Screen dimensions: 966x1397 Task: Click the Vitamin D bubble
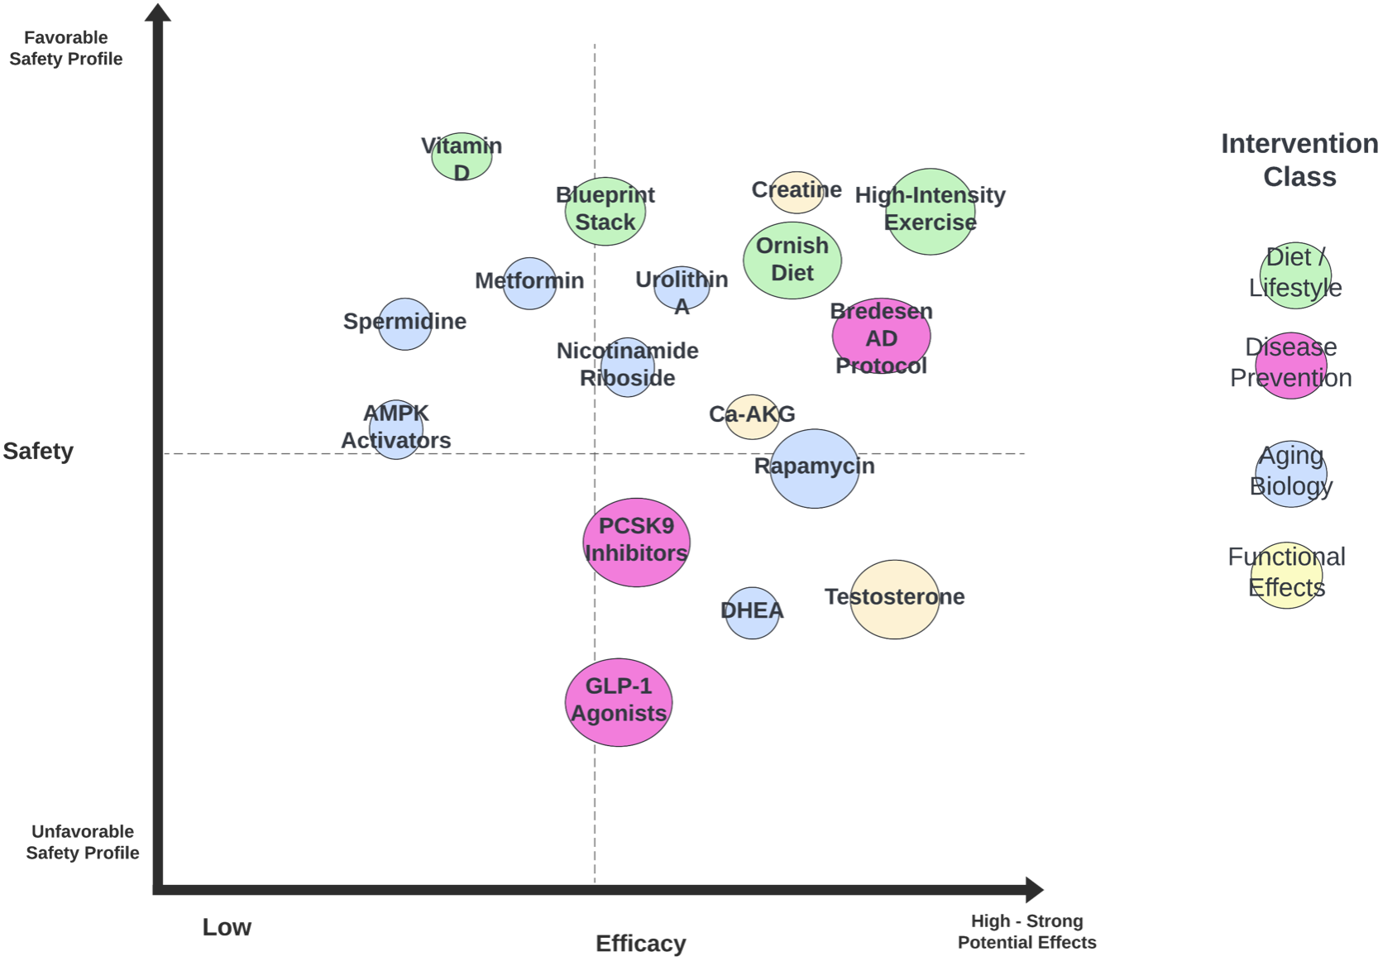(462, 157)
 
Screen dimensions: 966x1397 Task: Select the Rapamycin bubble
(815, 469)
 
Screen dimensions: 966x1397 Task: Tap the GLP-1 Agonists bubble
(619, 702)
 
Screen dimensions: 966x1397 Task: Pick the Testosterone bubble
(894, 600)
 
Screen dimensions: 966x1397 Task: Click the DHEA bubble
(752, 613)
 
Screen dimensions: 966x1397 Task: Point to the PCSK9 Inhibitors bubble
(636, 543)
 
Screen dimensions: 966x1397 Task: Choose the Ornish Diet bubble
(792, 260)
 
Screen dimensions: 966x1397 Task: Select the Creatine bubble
(797, 192)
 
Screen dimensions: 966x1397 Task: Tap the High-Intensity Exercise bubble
(931, 212)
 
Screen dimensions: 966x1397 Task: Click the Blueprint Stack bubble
(605, 212)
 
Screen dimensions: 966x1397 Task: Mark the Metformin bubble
(529, 284)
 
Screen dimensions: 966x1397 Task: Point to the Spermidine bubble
(404, 324)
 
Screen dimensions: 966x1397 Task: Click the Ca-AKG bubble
(752, 417)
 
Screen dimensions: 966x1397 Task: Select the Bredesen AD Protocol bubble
(882, 337)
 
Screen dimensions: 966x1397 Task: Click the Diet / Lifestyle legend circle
(1295, 275)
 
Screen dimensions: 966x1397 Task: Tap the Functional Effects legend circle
(1287, 576)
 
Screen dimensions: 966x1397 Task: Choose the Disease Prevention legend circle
(1291, 365)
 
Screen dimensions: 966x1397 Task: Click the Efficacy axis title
(641, 944)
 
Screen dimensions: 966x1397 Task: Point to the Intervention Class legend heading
(1299, 160)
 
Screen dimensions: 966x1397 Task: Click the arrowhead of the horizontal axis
(1034, 890)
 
